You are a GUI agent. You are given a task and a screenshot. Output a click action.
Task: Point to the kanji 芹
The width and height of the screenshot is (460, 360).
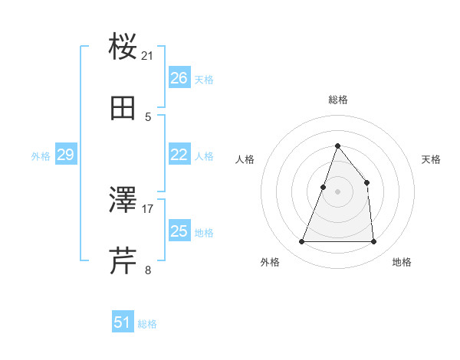tap(123, 260)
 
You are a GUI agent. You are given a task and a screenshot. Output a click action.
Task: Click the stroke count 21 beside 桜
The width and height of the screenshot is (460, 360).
tap(148, 55)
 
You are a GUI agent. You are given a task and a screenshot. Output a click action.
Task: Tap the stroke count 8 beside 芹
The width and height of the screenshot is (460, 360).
tap(148, 270)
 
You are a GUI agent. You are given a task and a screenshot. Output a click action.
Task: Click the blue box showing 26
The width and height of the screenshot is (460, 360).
tap(179, 78)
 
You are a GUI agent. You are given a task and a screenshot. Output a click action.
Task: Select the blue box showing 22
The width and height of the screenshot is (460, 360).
tap(179, 155)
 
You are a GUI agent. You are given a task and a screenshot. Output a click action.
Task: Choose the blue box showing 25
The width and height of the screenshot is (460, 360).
tap(179, 231)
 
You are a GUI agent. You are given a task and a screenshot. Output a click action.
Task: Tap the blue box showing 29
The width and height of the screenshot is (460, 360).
tap(65, 155)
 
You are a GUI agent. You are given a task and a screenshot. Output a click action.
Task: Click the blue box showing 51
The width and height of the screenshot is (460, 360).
tap(123, 322)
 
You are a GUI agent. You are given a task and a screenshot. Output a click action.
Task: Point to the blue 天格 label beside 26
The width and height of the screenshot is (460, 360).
tap(204, 80)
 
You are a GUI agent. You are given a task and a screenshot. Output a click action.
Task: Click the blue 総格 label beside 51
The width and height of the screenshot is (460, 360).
tap(147, 324)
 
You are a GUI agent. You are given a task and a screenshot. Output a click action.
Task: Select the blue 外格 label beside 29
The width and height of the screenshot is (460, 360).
tap(41, 156)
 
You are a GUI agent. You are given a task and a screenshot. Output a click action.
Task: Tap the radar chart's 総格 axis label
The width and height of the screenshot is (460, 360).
tap(337, 100)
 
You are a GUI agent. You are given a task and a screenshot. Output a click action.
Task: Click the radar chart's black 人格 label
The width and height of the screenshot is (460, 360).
tap(245, 159)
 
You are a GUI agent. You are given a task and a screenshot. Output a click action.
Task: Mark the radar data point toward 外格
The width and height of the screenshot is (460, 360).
tap(301, 242)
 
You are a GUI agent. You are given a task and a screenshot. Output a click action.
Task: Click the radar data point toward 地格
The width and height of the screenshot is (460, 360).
tap(373, 242)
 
